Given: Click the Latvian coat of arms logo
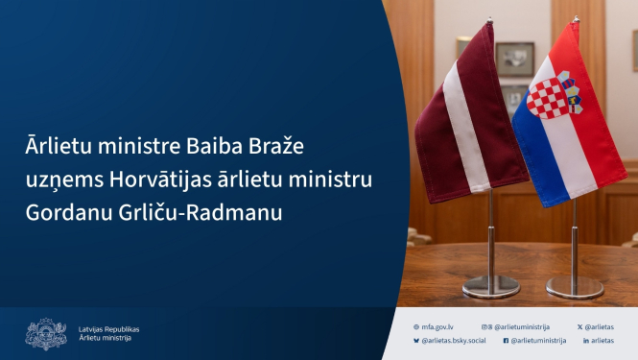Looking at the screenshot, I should (45, 333).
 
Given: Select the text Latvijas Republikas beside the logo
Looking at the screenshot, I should (109, 328).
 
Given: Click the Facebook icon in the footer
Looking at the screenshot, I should (506, 340).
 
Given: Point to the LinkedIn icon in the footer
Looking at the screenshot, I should (585, 340).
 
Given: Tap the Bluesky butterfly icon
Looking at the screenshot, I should (415, 340).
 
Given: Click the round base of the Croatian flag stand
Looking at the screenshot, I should (575, 286).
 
